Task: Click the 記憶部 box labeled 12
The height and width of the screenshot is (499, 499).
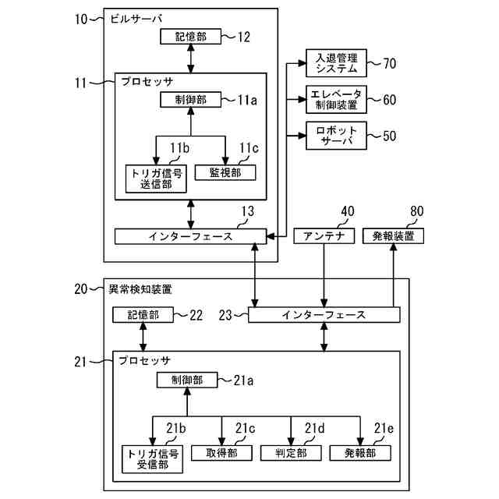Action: [x=190, y=37]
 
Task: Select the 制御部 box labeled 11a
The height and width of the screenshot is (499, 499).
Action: [x=190, y=100]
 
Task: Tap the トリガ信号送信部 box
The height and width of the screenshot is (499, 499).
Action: [x=156, y=179]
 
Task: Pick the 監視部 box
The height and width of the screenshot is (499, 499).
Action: [x=225, y=172]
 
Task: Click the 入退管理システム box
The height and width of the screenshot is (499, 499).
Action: [x=336, y=63]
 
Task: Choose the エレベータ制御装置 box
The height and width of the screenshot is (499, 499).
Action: [x=336, y=99]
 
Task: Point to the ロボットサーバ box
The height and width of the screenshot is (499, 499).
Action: [x=336, y=136]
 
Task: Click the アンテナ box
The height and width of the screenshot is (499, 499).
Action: [x=324, y=236]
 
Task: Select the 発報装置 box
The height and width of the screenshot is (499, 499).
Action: [x=393, y=236]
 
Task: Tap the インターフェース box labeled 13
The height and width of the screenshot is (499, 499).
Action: [x=190, y=236]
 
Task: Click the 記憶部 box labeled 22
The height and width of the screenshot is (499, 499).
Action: [x=143, y=315]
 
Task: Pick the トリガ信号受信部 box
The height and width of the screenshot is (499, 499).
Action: [x=153, y=459]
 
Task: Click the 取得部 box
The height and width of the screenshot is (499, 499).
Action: [x=221, y=453]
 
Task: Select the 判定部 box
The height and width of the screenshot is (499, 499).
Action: [x=291, y=453]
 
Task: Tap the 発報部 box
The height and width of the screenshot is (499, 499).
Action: [x=360, y=453]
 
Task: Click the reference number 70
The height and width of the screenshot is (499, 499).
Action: [x=390, y=63]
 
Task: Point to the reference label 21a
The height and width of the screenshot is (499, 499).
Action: [x=243, y=380]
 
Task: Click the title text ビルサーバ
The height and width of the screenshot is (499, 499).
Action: [x=136, y=19]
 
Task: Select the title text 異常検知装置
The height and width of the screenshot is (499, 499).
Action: [x=140, y=289]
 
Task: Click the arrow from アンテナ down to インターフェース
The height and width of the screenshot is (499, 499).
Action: [x=324, y=275]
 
